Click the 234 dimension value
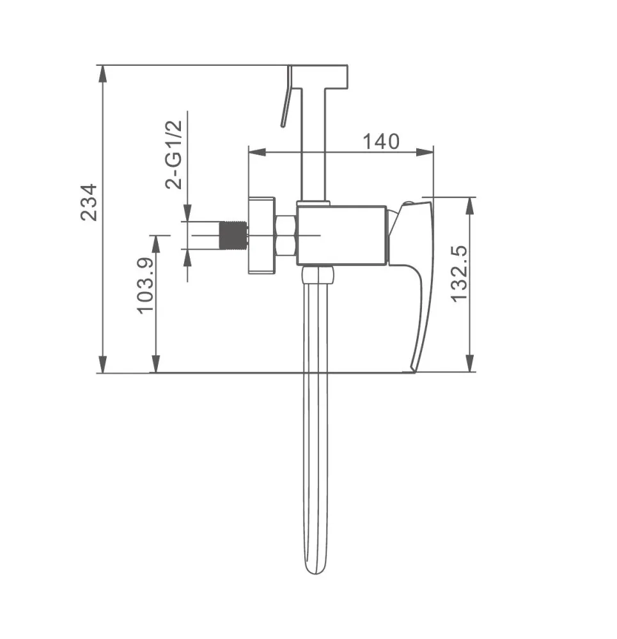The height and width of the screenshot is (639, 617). click(89, 203)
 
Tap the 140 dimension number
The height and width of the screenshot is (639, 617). click(381, 141)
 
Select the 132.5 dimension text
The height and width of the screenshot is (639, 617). click(460, 273)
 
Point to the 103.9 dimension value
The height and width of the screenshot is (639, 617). click(144, 285)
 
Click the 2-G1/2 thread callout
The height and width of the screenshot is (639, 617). click(174, 155)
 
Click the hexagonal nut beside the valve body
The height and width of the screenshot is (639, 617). click(286, 235)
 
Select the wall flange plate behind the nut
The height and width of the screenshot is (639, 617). click(262, 235)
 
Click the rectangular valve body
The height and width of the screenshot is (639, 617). click(341, 235)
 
